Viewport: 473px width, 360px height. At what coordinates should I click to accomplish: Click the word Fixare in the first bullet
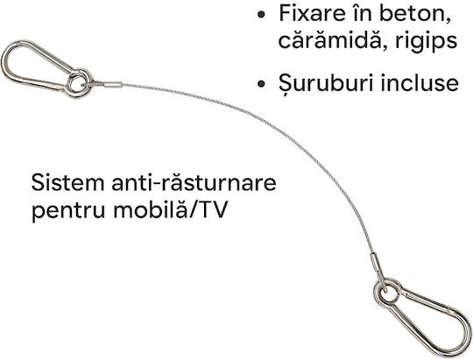[312, 13]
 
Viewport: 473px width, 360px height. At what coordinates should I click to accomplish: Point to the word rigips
[427, 42]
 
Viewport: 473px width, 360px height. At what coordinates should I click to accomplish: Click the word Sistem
[67, 182]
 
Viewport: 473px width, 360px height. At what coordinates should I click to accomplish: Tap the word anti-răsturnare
[194, 182]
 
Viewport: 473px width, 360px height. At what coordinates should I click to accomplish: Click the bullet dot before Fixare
[262, 14]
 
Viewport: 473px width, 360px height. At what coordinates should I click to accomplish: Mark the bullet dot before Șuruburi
[262, 83]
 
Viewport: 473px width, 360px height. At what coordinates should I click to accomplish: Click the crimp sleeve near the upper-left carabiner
[113, 85]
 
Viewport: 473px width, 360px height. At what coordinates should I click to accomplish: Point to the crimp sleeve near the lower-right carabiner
[375, 262]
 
